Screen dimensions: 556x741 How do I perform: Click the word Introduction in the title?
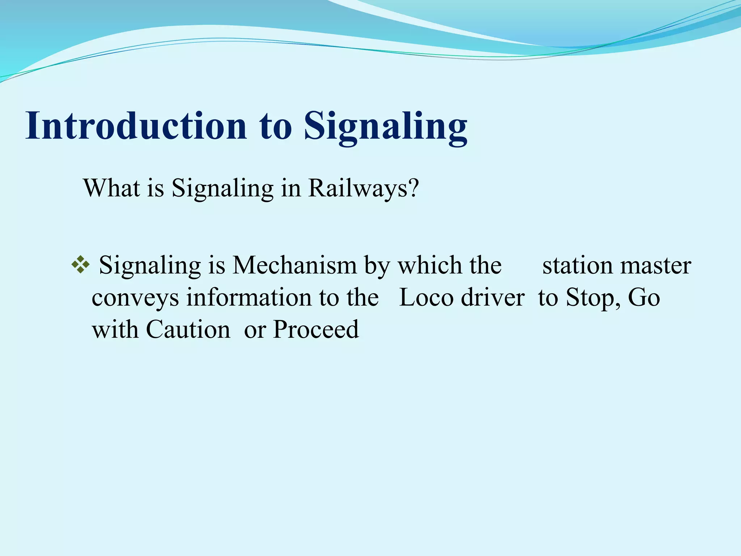[x=136, y=126]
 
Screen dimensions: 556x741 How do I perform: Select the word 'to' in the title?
[x=276, y=126]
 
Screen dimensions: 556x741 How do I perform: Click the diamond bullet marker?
[x=80, y=265]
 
